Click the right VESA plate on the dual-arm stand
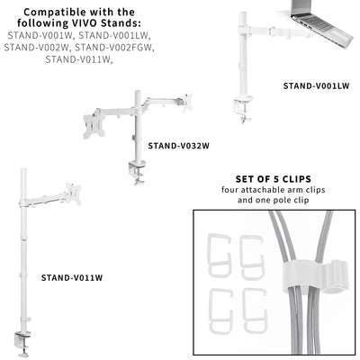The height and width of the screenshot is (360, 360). click(x=188, y=101)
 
